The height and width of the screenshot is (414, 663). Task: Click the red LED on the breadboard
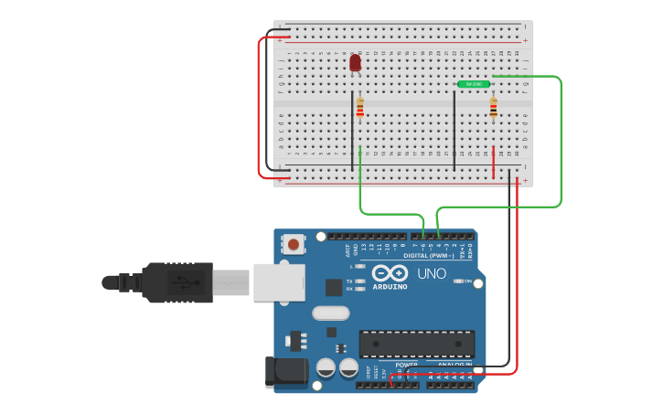click(355, 63)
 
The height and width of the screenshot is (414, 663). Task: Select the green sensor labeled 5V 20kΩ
click(474, 84)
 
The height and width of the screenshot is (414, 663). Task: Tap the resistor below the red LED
click(359, 108)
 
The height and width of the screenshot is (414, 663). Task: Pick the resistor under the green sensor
click(493, 108)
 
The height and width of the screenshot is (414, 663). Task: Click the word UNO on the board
click(432, 274)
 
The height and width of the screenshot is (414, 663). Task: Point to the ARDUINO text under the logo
click(390, 287)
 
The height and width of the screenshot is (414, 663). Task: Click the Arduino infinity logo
click(390, 273)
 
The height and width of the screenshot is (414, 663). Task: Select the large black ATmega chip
click(417, 344)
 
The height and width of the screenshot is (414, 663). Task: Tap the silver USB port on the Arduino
click(278, 282)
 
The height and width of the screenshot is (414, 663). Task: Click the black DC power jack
click(284, 372)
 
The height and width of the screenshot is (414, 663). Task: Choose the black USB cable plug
click(177, 282)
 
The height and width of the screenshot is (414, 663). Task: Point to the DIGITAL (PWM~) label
click(428, 256)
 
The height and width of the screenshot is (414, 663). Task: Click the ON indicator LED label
click(466, 281)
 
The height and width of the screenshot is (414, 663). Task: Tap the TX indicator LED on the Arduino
click(359, 281)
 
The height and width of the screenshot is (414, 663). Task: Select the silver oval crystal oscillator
click(330, 313)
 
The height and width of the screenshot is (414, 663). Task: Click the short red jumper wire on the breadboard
click(494, 162)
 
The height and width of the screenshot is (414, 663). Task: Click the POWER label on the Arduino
click(407, 365)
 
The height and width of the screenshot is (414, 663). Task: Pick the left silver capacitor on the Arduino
click(326, 368)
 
